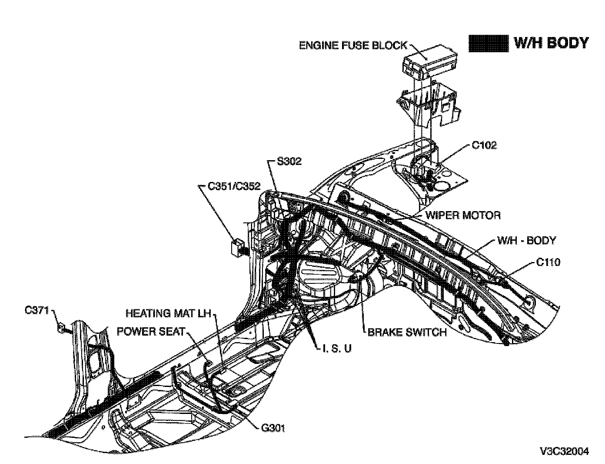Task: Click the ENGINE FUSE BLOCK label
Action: tap(353, 45)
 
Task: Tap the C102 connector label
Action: tap(484, 145)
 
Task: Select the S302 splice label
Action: tap(289, 161)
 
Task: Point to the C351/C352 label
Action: tap(234, 187)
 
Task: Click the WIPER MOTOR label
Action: tap(463, 215)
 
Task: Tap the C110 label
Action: tap(548, 262)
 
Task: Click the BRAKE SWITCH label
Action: tap(407, 332)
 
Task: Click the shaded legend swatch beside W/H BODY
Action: tap(488, 43)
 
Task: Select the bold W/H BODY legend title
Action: tap(551, 43)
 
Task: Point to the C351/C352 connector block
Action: tap(237, 247)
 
